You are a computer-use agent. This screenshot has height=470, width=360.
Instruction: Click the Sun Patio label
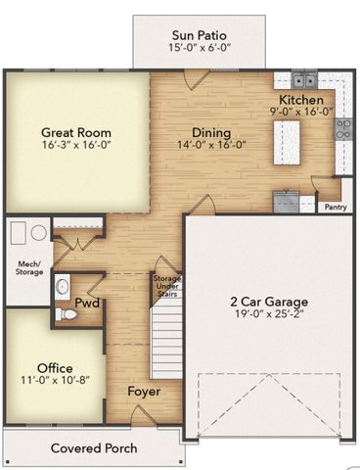tap(200, 35)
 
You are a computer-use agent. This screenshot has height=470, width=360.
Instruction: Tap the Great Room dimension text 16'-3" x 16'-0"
tap(77, 145)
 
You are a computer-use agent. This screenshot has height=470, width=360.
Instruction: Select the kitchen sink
tap(304, 79)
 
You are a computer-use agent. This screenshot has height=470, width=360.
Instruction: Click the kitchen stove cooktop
tap(343, 129)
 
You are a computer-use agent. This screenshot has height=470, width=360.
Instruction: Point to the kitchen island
tap(287, 143)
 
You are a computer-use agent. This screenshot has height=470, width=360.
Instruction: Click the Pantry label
tap(336, 207)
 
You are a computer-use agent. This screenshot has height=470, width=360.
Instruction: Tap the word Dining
tap(211, 133)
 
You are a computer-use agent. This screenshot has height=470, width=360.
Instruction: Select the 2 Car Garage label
tap(269, 302)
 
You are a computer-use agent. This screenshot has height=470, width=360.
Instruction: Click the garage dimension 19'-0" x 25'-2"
tap(269, 314)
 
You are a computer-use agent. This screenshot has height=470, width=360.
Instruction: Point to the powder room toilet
tap(66, 314)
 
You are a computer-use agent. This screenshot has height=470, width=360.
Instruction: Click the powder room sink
tap(63, 287)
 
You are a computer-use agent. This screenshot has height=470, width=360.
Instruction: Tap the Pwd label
tap(87, 303)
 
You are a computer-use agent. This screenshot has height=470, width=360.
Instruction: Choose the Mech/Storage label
tap(29, 267)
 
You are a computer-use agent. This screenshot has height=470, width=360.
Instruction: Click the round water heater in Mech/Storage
tap(39, 232)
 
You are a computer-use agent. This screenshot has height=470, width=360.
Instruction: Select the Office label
tap(55, 368)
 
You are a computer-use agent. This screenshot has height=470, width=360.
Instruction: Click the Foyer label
tap(144, 392)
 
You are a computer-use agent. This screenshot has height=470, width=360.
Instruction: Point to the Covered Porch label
tap(94, 448)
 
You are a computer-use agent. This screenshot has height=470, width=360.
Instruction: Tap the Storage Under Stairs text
tap(167, 286)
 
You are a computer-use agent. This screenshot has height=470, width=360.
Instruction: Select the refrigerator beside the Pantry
tap(286, 202)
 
